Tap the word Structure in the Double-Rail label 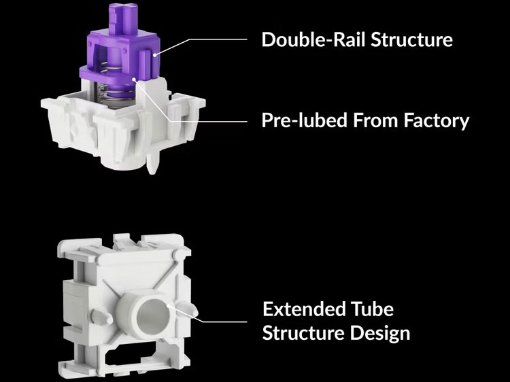tap(411, 39)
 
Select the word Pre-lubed tap(305, 120)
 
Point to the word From tap(375, 120)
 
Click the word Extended tap(303, 309)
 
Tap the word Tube tap(372, 309)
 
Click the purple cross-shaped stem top tap(123, 18)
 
